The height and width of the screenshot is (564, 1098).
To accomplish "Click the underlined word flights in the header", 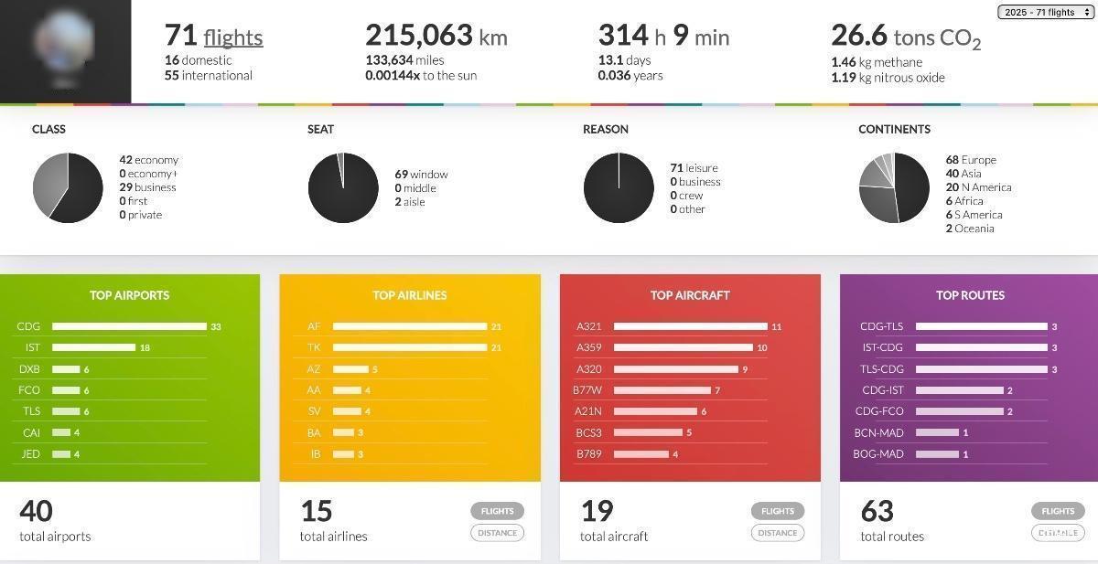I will pyautogui.click(x=233, y=37).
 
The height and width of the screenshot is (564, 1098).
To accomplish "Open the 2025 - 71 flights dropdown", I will pyautogui.click(x=1046, y=12).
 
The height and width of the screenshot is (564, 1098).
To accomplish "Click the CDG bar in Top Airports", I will pyautogui.click(x=129, y=326).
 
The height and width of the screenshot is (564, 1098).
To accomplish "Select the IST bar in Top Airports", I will pyautogui.click(x=93, y=347).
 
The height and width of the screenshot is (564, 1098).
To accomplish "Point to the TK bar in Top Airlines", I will pyautogui.click(x=409, y=347).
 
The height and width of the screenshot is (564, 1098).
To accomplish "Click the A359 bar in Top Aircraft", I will pyautogui.click(x=683, y=347).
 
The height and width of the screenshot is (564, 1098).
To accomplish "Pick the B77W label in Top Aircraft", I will pyautogui.click(x=587, y=390).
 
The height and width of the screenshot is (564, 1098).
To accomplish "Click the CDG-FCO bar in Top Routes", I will pyautogui.click(x=958, y=411).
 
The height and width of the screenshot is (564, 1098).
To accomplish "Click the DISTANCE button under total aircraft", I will pyautogui.click(x=778, y=533).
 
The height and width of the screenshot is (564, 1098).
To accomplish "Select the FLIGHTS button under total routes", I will pyautogui.click(x=1058, y=511).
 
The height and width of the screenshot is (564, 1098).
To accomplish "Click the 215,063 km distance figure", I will pyautogui.click(x=436, y=36).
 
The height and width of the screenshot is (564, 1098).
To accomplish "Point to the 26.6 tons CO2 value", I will pyautogui.click(x=905, y=37).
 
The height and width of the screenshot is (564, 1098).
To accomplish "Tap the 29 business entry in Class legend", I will pyautogui.click(x=147, y=187).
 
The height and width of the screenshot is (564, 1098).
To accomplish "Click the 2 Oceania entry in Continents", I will pyautogui.click(x=969, y=229).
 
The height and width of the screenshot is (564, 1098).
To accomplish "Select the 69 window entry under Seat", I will pyautogui.click(x=421, y=175).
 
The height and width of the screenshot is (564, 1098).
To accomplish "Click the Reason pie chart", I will pyautogui.click(x=619, y=187).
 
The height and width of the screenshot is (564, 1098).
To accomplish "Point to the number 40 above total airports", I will pyautogui.click(x=36, y=510).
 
